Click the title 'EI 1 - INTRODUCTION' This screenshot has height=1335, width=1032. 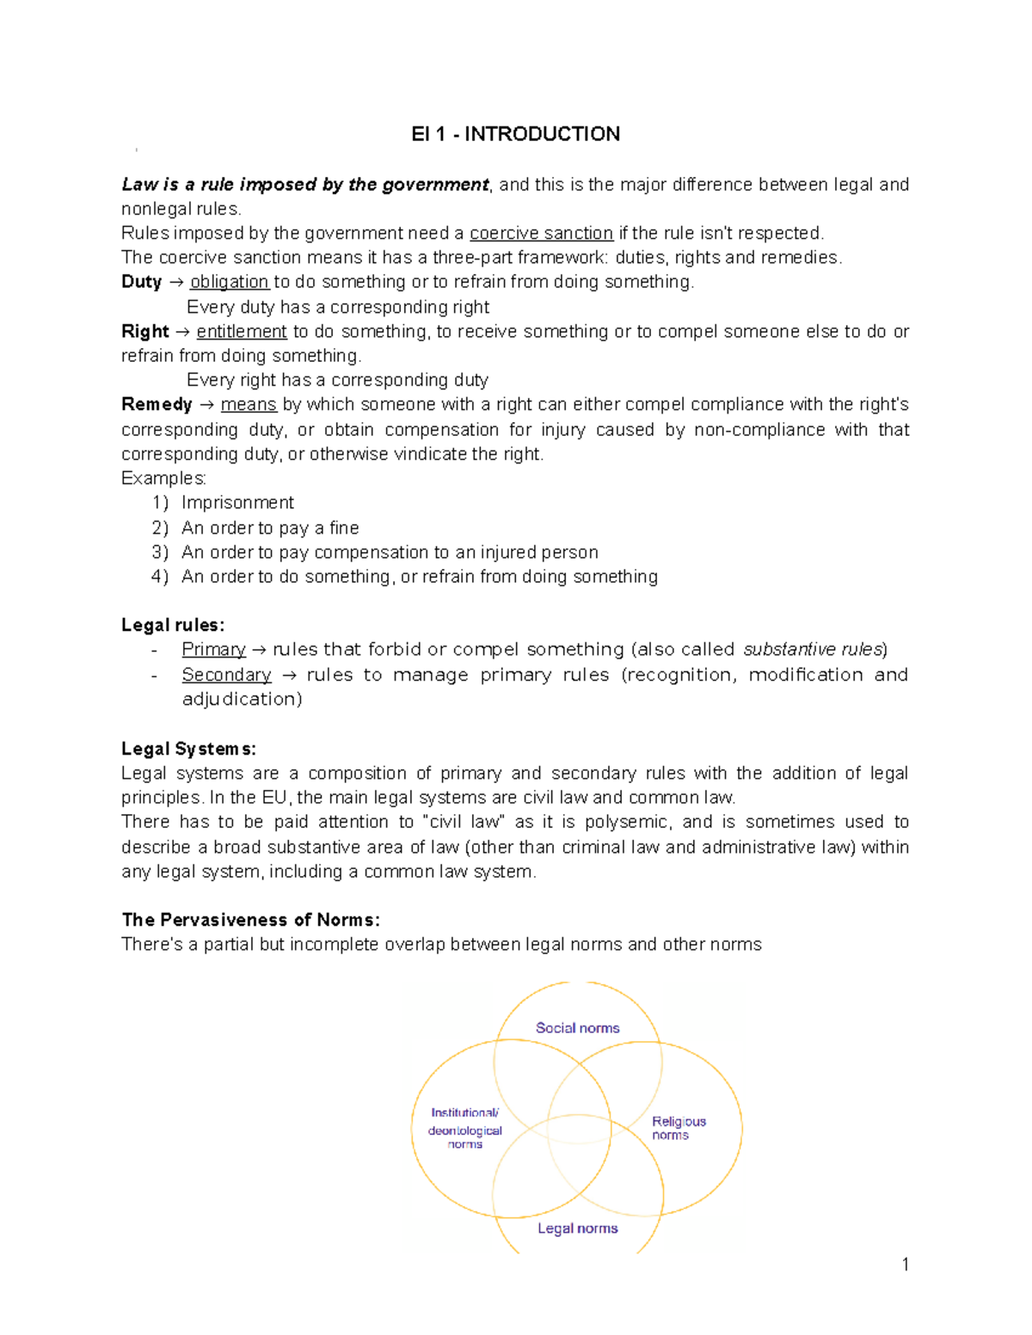pyautogui.click(x=515, y=134)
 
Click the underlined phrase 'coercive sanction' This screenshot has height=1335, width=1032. pyautogui.click(x=541, y=233)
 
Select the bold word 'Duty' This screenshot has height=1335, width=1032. pyautogui.click(x=141, y=282)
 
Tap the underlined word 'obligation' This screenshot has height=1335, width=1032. pyautogui.click(x=230, y=282)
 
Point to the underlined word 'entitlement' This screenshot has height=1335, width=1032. pyautogui.click(x=242, y=332)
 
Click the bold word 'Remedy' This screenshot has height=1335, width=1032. pyautogui.click(x=157, y=405)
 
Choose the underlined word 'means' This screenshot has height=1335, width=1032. pyautogui.click(x=249, y=405)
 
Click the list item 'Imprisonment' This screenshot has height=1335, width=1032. pyautogui.click(x=237, y=503)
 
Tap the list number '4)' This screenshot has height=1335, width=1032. pyautogui.click(x=160, y=577)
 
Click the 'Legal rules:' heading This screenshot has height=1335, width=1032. pyautogui.click(x=173, y=625)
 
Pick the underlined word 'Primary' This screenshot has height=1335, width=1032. pyautogui.click(x=213, y=650)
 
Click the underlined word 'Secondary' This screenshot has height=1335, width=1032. pyautogui.click(x=226, y=675)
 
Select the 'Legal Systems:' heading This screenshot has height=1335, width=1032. pyautogui.click(x=188, y=749)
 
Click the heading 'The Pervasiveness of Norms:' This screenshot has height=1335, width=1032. pyautogui.click(x=250, y=920)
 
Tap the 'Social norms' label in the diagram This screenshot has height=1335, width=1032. pyautogui.click(x=577, y=1028)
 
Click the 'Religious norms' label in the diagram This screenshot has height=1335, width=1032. pyautogui.click(x=678, y=1128)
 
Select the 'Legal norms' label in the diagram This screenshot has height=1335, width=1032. pyautogui.click(x=577, y=1228)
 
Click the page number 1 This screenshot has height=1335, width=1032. pyautogui.click(x=905, y=1264)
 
